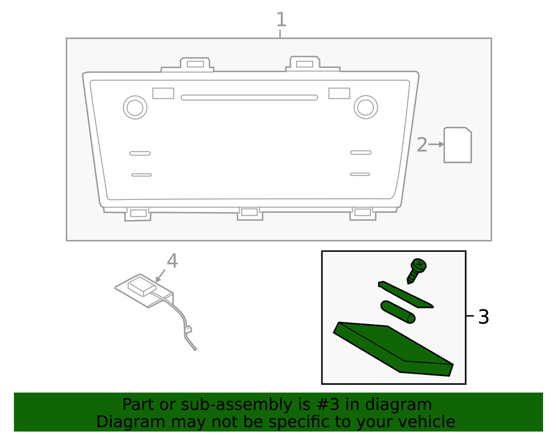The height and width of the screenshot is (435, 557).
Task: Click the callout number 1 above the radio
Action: point(281,20)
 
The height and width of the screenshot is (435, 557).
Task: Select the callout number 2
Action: point(422,145)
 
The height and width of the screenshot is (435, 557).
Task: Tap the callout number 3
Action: point(483,317)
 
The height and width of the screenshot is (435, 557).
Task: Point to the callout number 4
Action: point(172,261)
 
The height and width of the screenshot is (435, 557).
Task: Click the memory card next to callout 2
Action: point(457,145)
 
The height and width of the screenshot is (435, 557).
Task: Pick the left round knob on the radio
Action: point(135,107)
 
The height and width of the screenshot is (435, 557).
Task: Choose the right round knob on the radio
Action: point(365,107)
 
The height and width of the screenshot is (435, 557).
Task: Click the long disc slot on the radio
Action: point(249,97)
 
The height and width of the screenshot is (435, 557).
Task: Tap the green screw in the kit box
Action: point(417,270)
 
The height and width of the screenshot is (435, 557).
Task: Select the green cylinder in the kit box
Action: point(398,312)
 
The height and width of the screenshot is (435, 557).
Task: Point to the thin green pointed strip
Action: point(405,295)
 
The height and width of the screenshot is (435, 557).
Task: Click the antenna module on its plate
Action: point(141,287)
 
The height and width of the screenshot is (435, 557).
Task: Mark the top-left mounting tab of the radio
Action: point(195,63)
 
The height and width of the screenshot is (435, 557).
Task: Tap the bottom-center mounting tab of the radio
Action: point(250,213)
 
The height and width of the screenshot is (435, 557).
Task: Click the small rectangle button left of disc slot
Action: point(163,93)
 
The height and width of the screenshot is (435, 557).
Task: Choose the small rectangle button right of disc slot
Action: point(339,93)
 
